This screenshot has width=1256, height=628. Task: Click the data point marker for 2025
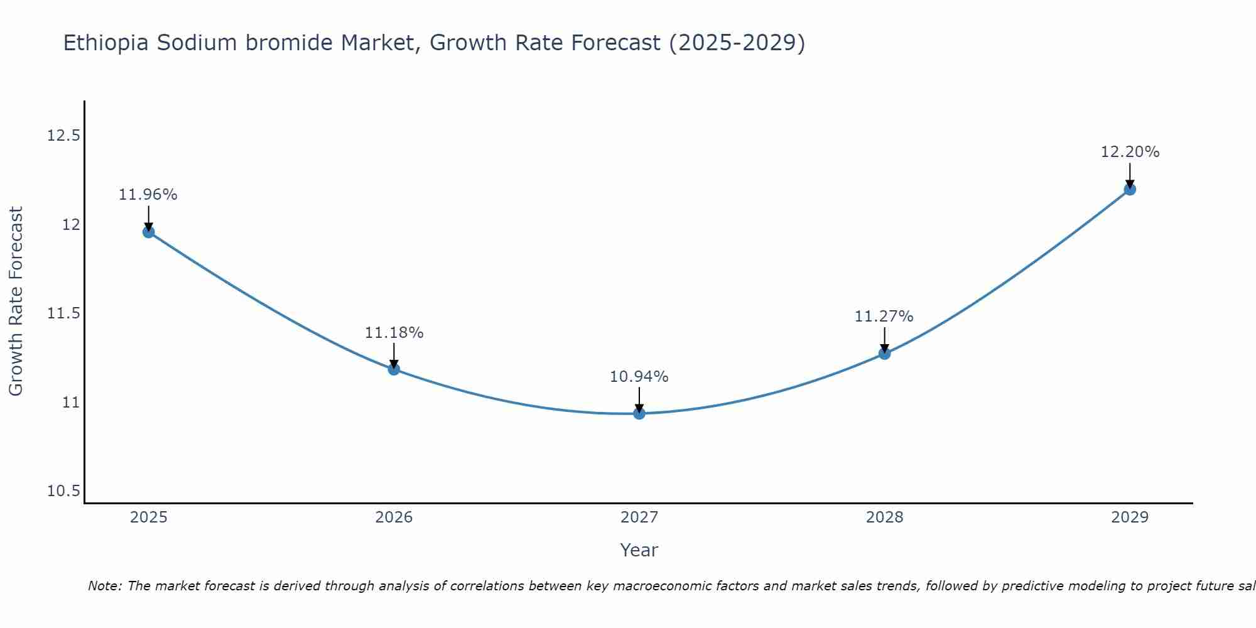click(x=148, y=232)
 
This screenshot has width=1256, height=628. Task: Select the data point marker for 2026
click(x=394, y=369)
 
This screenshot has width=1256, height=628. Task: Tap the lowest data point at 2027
click(x=639, y=413)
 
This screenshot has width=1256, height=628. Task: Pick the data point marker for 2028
click(x=884, y=353)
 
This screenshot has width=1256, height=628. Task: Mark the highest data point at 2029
click(x=1130, y=189)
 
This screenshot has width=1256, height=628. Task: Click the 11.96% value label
click(x=148, y=195)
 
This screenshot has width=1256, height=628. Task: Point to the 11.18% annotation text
click(x=394, y=333)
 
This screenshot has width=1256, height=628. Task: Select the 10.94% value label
click(x=639, y=377)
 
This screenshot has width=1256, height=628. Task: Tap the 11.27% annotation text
click(x=884, y=317)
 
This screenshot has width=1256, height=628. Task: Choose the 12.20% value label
click(x=1130, y=152)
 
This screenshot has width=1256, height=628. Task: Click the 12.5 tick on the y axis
click(x=63, y=136)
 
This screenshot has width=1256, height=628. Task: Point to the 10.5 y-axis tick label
click(x=63, y=491)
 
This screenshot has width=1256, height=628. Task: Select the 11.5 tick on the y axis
click(x=63, y=313)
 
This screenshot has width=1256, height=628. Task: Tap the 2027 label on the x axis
click(x=639, y=517)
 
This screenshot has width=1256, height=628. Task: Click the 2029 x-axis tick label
click(x=1130, y=517)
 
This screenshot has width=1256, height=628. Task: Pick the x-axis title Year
click(x=639, y=550)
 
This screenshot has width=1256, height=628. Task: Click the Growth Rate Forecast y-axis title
click(x=16, y=301)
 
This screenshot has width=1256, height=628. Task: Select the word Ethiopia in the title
click(x=106, y=43)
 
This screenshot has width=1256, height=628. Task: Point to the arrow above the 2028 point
click(x=884, y=339)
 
